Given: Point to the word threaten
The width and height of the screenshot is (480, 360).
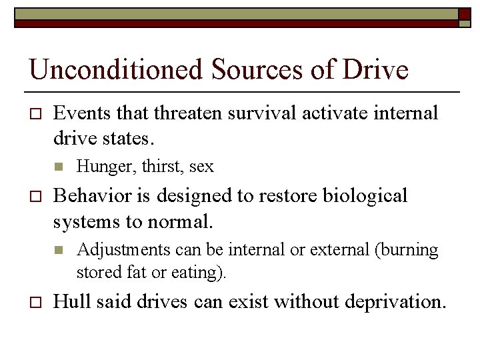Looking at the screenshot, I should pos(194,113).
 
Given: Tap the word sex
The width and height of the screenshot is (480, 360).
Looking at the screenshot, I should pos(201,166).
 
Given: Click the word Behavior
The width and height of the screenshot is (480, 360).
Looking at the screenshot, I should pos(92,196).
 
